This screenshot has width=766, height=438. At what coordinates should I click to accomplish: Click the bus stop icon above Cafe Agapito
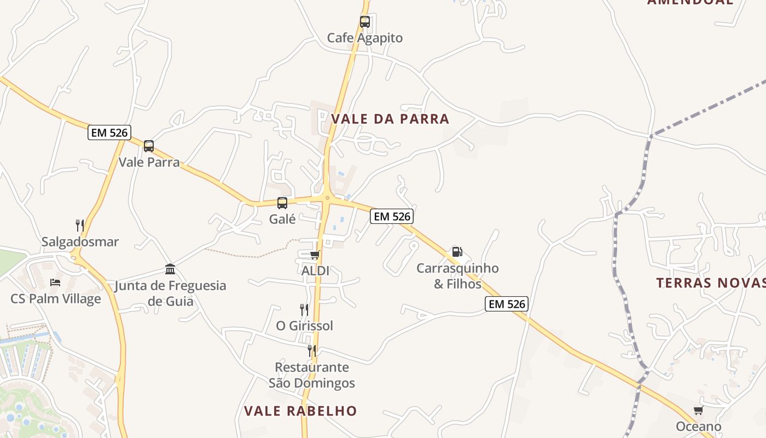point(365,22)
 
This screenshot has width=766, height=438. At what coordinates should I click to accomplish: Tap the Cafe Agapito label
point(365,38)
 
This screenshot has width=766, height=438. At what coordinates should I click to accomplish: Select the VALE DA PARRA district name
point(390,119)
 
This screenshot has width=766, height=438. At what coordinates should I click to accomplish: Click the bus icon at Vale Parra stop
point(149,146)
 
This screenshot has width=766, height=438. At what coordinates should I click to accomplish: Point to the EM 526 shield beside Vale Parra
point(108,132)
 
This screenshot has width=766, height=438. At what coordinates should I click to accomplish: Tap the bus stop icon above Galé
point(282,203)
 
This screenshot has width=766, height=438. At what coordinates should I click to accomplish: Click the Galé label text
point(282,219)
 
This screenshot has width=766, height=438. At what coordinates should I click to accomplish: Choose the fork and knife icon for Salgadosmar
point(80,225)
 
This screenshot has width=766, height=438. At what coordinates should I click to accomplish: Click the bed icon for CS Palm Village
point(55,283)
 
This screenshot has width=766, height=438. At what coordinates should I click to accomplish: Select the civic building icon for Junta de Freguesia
point(170,269)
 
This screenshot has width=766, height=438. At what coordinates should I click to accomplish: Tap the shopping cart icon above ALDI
point(315,255)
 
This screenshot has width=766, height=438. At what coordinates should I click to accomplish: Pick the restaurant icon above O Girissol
point(304,310)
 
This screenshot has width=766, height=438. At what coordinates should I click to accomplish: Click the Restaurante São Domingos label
point(312,375)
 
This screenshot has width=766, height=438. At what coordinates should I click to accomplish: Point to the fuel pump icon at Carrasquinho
point(457,252)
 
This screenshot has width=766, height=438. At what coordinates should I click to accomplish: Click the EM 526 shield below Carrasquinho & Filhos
point(506,304)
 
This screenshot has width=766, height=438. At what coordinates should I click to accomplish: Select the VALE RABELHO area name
point(300,411)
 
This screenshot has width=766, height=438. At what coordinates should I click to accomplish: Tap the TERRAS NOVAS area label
point(711,283)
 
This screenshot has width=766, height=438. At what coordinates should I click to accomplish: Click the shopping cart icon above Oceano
point(698,411)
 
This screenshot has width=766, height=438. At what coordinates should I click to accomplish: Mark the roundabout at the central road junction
point(327,198)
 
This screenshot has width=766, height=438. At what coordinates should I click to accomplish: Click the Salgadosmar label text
point(80,241)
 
